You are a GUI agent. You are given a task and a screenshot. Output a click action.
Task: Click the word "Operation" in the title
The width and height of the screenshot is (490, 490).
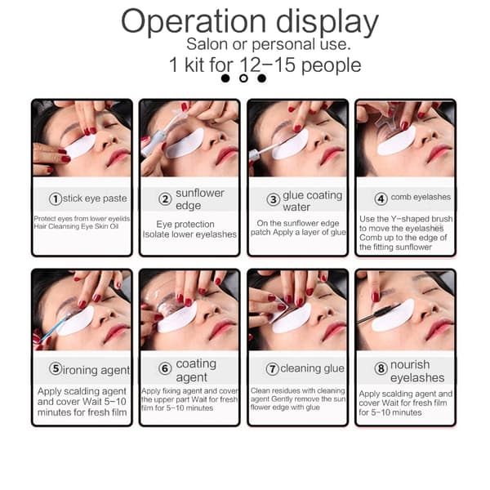(194, 22)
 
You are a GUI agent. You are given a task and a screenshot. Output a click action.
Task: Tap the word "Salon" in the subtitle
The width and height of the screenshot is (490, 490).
(207, 44)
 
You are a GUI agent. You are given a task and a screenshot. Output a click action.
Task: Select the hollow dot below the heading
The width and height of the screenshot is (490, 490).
(243, 78)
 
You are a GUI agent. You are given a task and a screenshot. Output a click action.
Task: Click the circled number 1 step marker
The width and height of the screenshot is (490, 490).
(56, 198)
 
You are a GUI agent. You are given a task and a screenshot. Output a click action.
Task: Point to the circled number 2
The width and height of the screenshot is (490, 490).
(165, 198)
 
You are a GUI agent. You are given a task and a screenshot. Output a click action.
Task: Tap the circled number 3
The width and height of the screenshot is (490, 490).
(273, 199)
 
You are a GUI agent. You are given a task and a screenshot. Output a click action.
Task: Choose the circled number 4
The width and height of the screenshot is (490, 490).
(381, 198)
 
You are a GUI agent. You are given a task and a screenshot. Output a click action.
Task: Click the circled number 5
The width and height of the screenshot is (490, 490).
(56, 369)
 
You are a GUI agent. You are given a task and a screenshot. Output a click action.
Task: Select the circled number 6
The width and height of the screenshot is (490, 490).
(165, 369)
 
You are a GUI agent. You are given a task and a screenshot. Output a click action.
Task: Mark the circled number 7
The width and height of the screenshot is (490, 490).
(273, 369)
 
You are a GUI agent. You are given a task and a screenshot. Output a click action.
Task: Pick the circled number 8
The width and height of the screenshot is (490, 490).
(381, 368)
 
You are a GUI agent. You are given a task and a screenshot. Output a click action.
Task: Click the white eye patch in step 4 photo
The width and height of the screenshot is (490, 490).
(396, 142)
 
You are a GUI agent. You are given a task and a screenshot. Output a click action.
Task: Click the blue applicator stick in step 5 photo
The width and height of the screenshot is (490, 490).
(51, 328)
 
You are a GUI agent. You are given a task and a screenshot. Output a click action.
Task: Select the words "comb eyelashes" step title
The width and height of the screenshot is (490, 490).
(421, 197)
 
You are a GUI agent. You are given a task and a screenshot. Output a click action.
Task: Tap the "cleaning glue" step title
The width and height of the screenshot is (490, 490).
(312, 369)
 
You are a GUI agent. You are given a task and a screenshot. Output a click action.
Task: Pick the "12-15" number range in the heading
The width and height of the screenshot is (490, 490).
(268, 65)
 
